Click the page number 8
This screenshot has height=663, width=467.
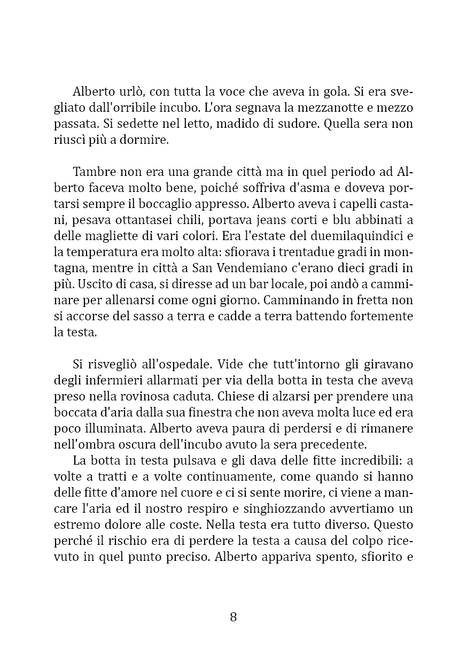click(x=233, y=616)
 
